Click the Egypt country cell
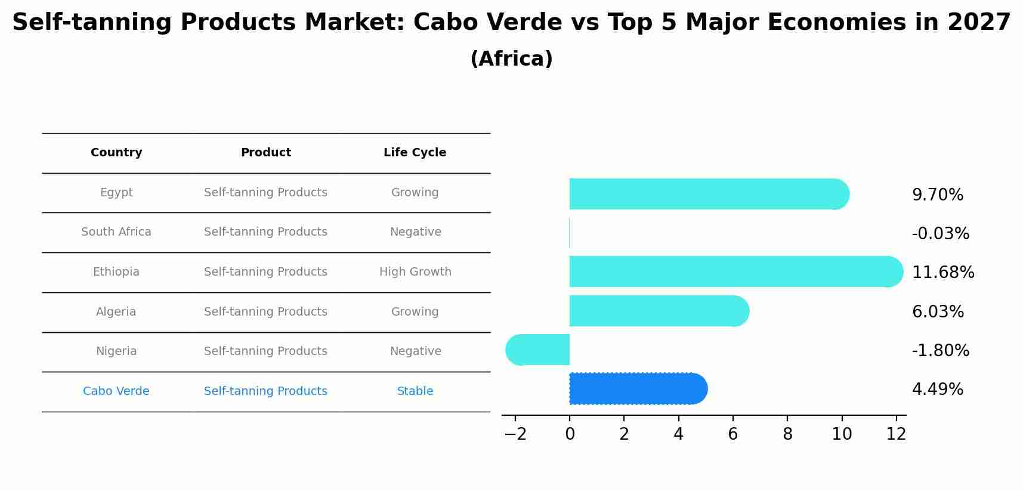[116, 193]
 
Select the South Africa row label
[116, 232]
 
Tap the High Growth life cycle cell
[415, 272]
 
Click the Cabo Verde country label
[116, 391]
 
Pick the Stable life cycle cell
[415, 391]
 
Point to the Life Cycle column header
[415, 153]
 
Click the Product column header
[266, 153]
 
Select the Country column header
[116, 153]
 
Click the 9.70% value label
[938, 195]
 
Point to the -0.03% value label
[941, 234]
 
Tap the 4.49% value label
[938, 390]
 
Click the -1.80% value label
[941, 351]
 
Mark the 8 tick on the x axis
[787, 434]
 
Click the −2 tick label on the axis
[515, 434]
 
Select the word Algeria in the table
[116, 312]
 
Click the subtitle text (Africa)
[511, 59]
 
